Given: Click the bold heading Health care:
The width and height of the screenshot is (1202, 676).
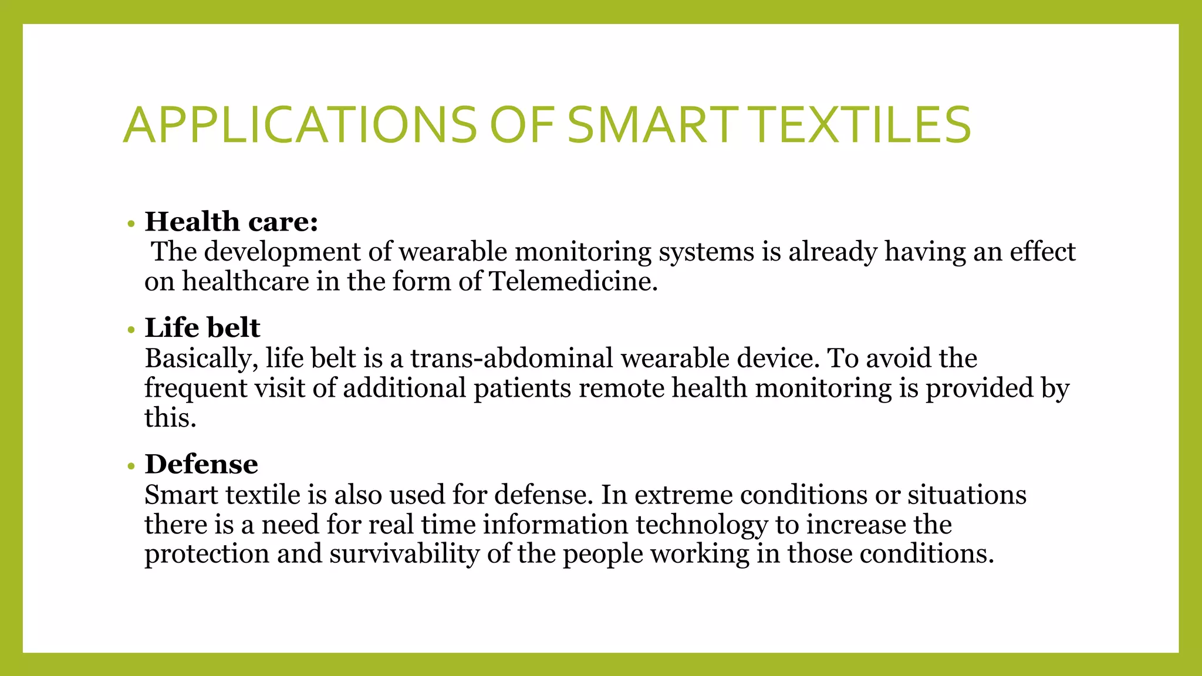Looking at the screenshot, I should [x=231, y=222].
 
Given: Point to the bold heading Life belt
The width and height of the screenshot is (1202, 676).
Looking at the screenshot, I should [x=202, y=328].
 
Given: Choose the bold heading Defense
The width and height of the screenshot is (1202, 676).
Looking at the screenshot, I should [x=201, y=464].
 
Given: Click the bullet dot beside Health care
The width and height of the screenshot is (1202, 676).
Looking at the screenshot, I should [x=131, y=224].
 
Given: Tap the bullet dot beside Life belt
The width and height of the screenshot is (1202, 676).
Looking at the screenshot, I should [x=131, y=330].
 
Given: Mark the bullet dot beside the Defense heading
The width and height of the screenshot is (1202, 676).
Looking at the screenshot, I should [x=131, y=467].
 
